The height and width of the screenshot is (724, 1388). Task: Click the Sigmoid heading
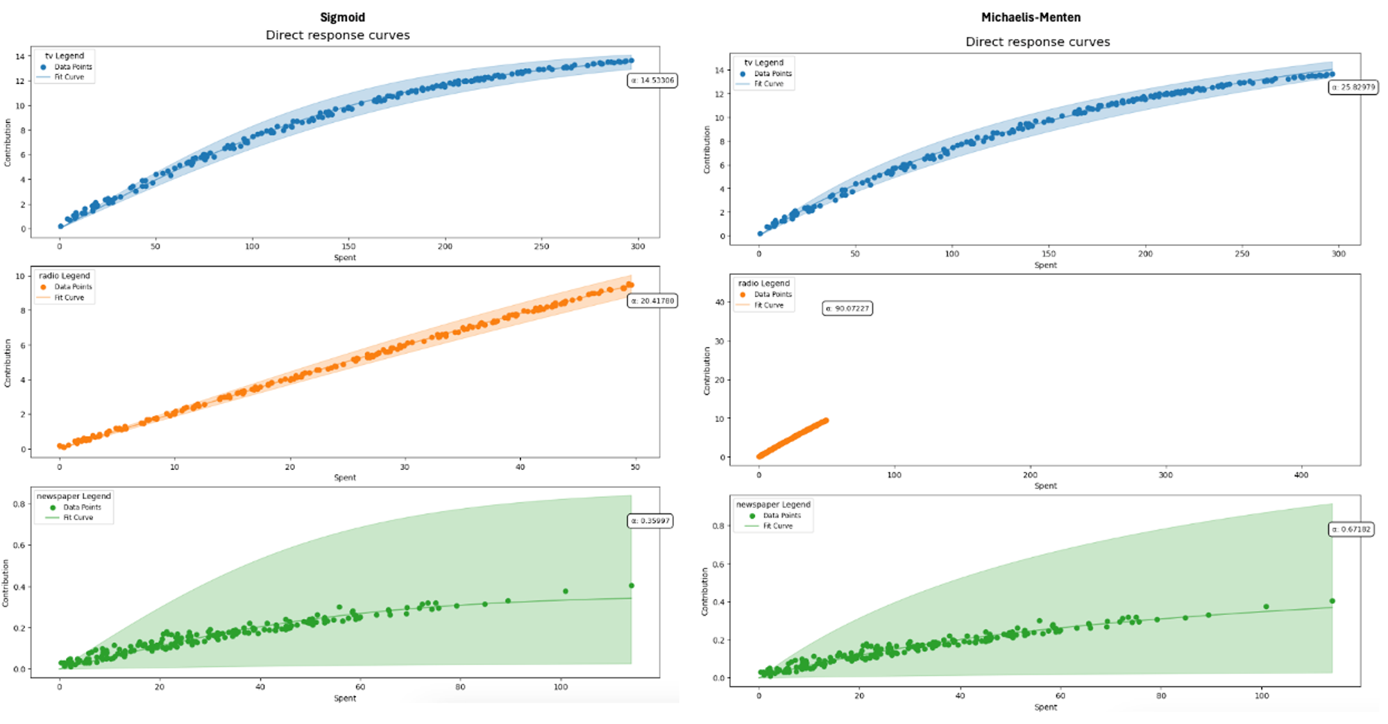[342, 17]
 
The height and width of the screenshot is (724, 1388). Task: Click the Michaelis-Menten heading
[1031, 17]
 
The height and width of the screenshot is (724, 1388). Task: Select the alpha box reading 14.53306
[652, 81]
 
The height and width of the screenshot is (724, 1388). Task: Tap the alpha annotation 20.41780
[652, 301]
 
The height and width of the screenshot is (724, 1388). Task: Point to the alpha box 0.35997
[650, 521]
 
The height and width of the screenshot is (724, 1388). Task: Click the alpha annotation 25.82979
[1353, 87]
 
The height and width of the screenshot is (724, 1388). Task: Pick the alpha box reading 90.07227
[847, 308]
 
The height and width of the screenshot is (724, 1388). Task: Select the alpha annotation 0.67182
[1351, 529]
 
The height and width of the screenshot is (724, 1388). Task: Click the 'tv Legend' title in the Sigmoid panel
[65, 56]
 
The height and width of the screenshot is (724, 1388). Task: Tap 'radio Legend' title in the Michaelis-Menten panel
[763, 283]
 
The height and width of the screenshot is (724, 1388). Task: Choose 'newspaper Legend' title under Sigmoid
[74, 496]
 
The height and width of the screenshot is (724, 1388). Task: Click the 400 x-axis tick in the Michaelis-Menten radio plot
[1301, 475]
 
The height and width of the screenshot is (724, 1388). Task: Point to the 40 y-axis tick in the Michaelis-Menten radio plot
[720, 303]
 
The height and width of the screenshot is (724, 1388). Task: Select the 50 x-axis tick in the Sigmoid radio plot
[635, 467]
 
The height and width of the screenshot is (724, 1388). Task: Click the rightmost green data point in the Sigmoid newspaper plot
[631, 586]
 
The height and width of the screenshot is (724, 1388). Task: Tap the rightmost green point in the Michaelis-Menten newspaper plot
[1332, 601]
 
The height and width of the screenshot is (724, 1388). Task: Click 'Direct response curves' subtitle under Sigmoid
[337, 35]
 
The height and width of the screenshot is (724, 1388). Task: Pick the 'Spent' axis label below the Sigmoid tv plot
[345, 258]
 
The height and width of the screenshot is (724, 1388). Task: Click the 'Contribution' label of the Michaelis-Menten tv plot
[706, 149]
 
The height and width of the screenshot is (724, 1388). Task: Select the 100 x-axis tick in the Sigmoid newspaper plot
[560, 687]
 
